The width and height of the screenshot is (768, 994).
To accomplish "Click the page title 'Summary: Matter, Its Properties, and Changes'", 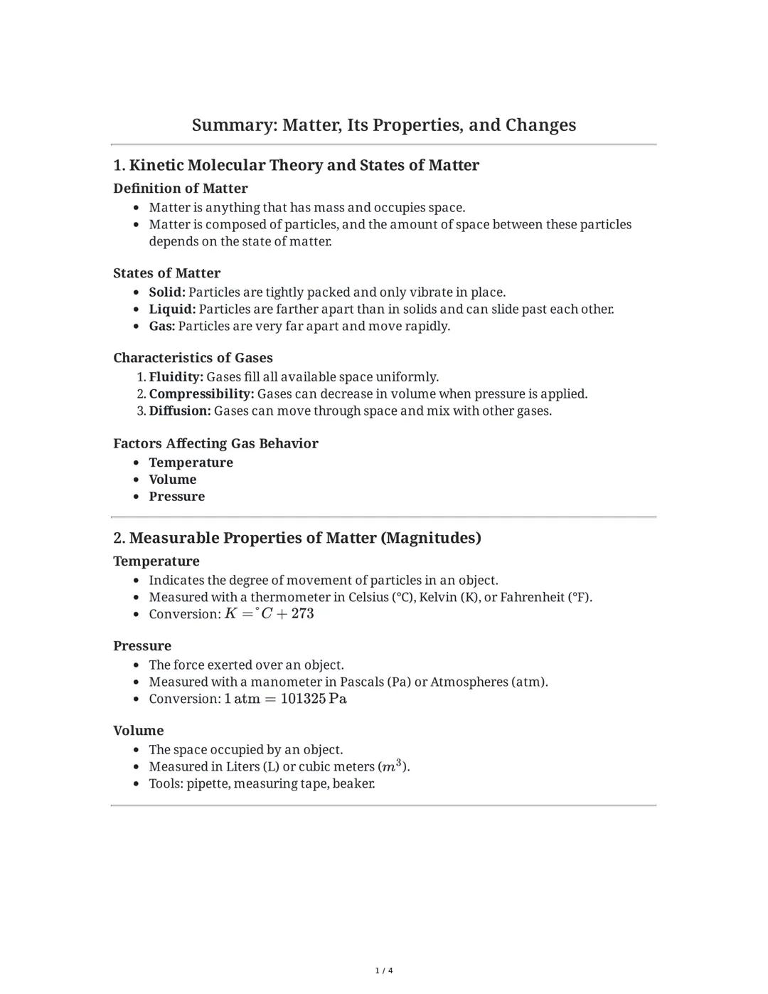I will click(x=384, y=125).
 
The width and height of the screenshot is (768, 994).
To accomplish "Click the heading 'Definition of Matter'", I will click(x=181, y=189).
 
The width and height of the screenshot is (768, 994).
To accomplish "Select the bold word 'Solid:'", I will click(x=167, y=292).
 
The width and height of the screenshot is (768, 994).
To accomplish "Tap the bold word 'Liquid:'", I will click(x=172, y=310).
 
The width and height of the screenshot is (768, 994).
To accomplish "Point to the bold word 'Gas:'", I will click(x=162, y=327).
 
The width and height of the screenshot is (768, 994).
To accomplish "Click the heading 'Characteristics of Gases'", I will click(x=193, y=358).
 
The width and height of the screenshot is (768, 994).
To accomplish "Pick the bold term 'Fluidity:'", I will click(x=176, y=377).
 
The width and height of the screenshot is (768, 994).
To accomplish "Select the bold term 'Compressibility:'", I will click(x=201, y=394).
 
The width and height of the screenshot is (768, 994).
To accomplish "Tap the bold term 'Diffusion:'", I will click(x=180, y=411).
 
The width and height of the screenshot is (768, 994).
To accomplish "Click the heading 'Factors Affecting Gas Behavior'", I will click(x=215, y=443).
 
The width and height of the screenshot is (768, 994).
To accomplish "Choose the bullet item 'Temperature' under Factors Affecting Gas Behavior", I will click(x=191, y=462).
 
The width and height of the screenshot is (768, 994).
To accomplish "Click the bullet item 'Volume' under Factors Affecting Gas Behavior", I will click(x=172, y=480).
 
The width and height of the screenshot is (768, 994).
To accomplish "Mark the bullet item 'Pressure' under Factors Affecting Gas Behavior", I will click(x=176, y=497).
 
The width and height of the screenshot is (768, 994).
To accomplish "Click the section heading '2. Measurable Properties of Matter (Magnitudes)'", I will click(x=297, y=538).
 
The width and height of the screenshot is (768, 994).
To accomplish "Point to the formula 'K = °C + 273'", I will click(x=270, y=613).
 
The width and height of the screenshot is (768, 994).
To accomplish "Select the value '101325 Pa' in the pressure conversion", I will click(x=314, y=699).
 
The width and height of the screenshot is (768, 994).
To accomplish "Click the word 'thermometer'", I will click(x=290, y=597).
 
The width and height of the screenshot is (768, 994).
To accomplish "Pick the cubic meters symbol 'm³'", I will click(x=393, y=766).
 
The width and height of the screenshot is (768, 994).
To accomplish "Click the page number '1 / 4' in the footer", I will click(x=384, y=971).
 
